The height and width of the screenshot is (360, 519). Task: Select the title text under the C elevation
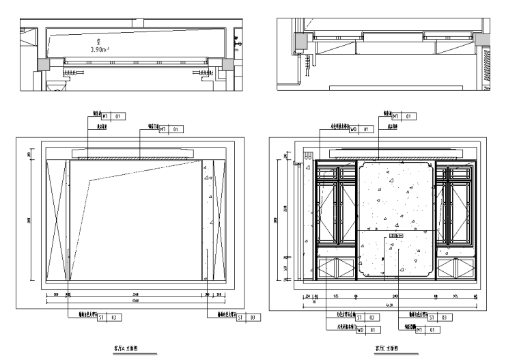point(386,348)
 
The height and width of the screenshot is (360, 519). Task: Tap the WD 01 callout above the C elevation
point(362,128)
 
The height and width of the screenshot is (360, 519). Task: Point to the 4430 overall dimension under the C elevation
point(389,305)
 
